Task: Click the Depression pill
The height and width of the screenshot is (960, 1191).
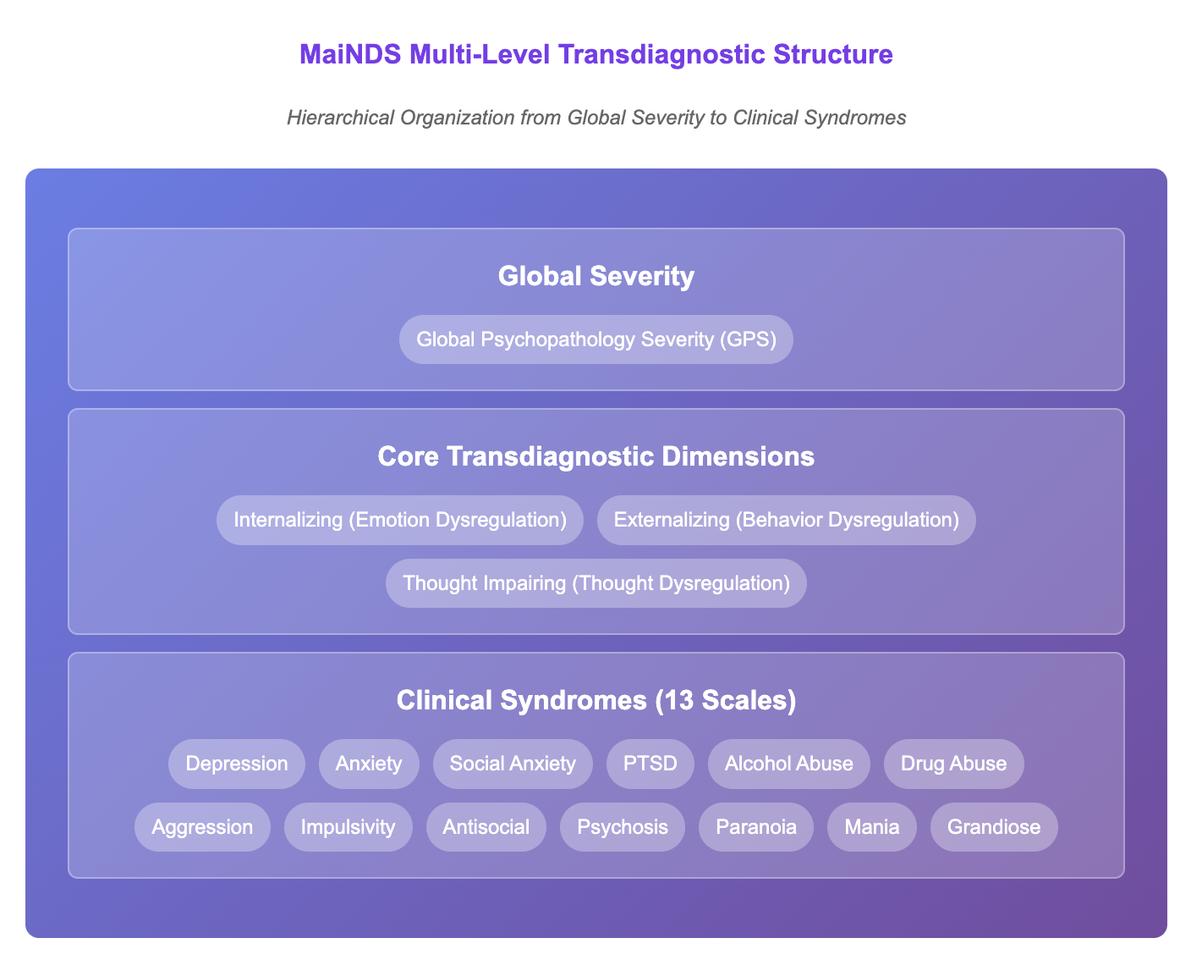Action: pyautogui.click(x=236, y=764)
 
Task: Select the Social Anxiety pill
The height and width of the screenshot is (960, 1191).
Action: pyautogui.click(x=513, y=764)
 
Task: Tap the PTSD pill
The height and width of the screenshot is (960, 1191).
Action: pyautogui.click(x=650, y=764)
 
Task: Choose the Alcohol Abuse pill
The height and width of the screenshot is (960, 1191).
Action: pyautogui.click(x=788, y=764)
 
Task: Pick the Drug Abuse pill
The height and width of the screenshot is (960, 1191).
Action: pyautogui.click(x=953, y=764)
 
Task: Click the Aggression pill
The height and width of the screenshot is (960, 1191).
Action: pyautogui.click(x=202, y=826)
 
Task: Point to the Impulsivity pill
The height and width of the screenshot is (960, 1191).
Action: pyautogui.click(x=349, y=826)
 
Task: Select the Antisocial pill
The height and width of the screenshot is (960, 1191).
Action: pyautogui.click(x=486, y=826)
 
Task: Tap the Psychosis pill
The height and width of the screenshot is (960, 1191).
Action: pyautogui.click(x=622, y=826)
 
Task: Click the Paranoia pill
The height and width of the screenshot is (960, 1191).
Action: pyautogui.click(x=756, y=826)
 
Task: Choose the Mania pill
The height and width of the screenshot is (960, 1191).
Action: pyautogui.click(x=871, y=826)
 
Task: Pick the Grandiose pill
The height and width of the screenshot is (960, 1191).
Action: pyautogui.click(x=994, y=826)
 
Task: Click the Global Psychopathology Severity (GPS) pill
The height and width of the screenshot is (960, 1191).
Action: pyautogui.click(x=596, y=339)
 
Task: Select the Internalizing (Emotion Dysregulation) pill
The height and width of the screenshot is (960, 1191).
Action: pyautogui.click(x=399, y=520)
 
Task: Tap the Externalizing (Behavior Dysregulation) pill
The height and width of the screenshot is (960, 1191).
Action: pyautogui.click(x=786, y=520)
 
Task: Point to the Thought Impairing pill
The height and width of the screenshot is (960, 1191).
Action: pyautogui.click(x=596, y=582)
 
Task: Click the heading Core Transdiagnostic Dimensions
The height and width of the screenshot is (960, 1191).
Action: pyautogui.click(x=596, y=456)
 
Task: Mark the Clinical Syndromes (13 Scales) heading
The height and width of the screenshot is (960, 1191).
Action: pyautogui.click(x=596, y=700)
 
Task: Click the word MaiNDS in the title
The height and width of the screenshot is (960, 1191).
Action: pyautogui.click(x=350, y=54)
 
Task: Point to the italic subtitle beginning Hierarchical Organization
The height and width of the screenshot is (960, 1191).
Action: pyautogui.click(x=596, y=118)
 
